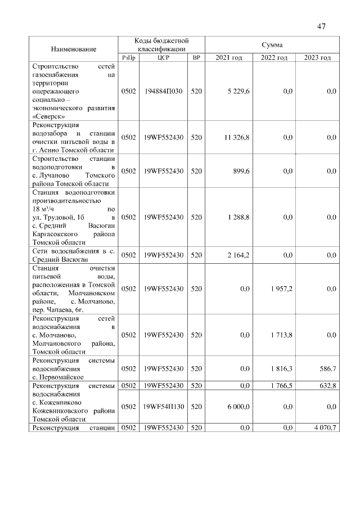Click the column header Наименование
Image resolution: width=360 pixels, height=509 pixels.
click(x=74, y=49)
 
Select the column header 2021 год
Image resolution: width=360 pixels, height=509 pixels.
click(x=228, y=58)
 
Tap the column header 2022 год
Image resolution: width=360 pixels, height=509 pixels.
click(x=274, y=58)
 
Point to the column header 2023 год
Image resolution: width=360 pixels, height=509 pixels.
click(x=317, y=58)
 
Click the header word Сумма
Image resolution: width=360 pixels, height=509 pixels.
click(x=272, y=44)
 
